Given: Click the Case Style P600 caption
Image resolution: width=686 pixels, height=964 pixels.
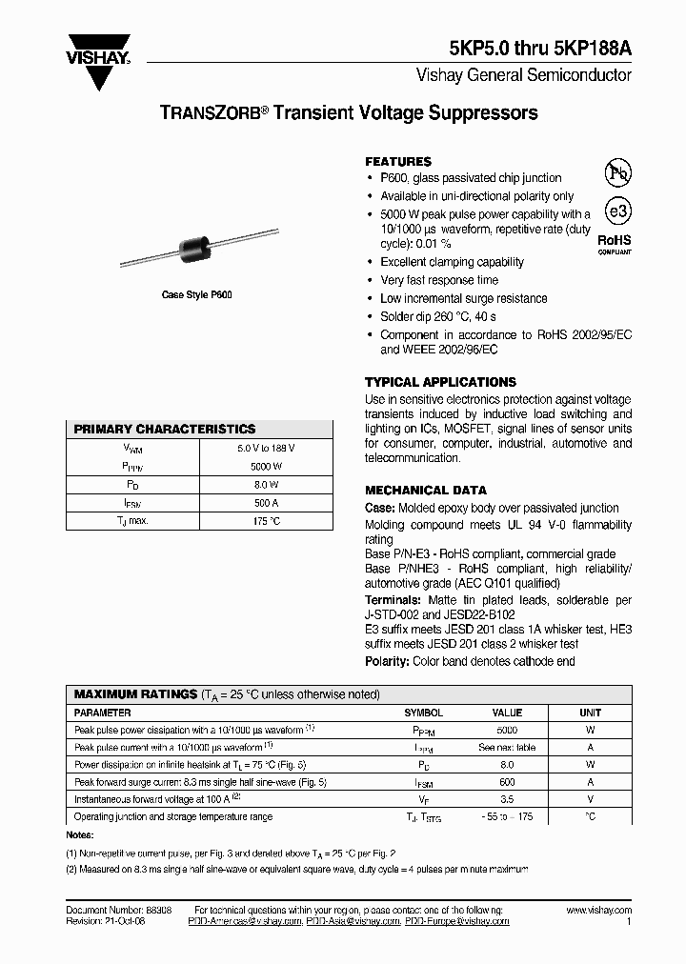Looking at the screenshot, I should [196, 295].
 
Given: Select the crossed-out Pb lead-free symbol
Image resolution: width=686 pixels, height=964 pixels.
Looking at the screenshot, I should [618, 171].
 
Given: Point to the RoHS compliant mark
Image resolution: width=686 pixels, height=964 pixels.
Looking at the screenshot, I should [615, 246].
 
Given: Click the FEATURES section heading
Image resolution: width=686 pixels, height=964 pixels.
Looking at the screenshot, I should [398, 162].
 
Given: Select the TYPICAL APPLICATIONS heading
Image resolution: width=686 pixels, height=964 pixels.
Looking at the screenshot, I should [440, 382].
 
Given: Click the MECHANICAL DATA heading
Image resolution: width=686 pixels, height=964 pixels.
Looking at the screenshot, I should [426, 491].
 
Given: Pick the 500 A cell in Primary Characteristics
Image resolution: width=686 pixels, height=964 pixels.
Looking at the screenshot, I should [266, 503].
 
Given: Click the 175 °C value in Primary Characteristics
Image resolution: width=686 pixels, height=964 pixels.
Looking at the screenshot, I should [266, 521].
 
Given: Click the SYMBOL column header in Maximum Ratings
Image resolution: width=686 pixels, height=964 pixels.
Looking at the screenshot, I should [423, 713].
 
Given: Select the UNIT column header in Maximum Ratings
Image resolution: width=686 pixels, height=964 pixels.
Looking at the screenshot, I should [590, 713].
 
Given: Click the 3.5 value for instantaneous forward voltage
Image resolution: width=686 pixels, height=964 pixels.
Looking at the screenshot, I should [507, 799].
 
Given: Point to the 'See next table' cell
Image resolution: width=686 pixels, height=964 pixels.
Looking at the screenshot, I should [507, 748].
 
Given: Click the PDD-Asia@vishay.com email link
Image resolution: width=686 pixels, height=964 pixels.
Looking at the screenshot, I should [353, 922].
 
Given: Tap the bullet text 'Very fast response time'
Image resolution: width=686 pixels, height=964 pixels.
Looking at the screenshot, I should [439, 280].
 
